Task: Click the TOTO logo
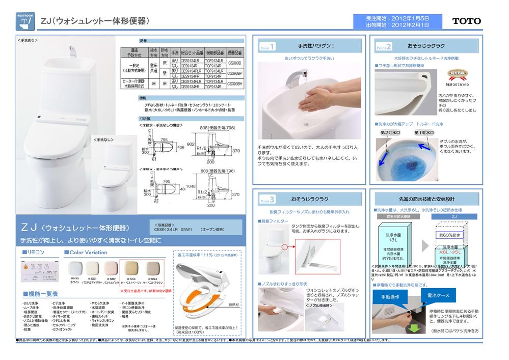(x=466, y=21)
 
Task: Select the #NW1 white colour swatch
(x=75, y=268)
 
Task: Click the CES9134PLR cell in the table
(x=192, y=71)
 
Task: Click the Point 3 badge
(x=268, y=199)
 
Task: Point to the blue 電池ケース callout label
(x=438, y=295)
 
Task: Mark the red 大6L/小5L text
(x=449, y=252)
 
